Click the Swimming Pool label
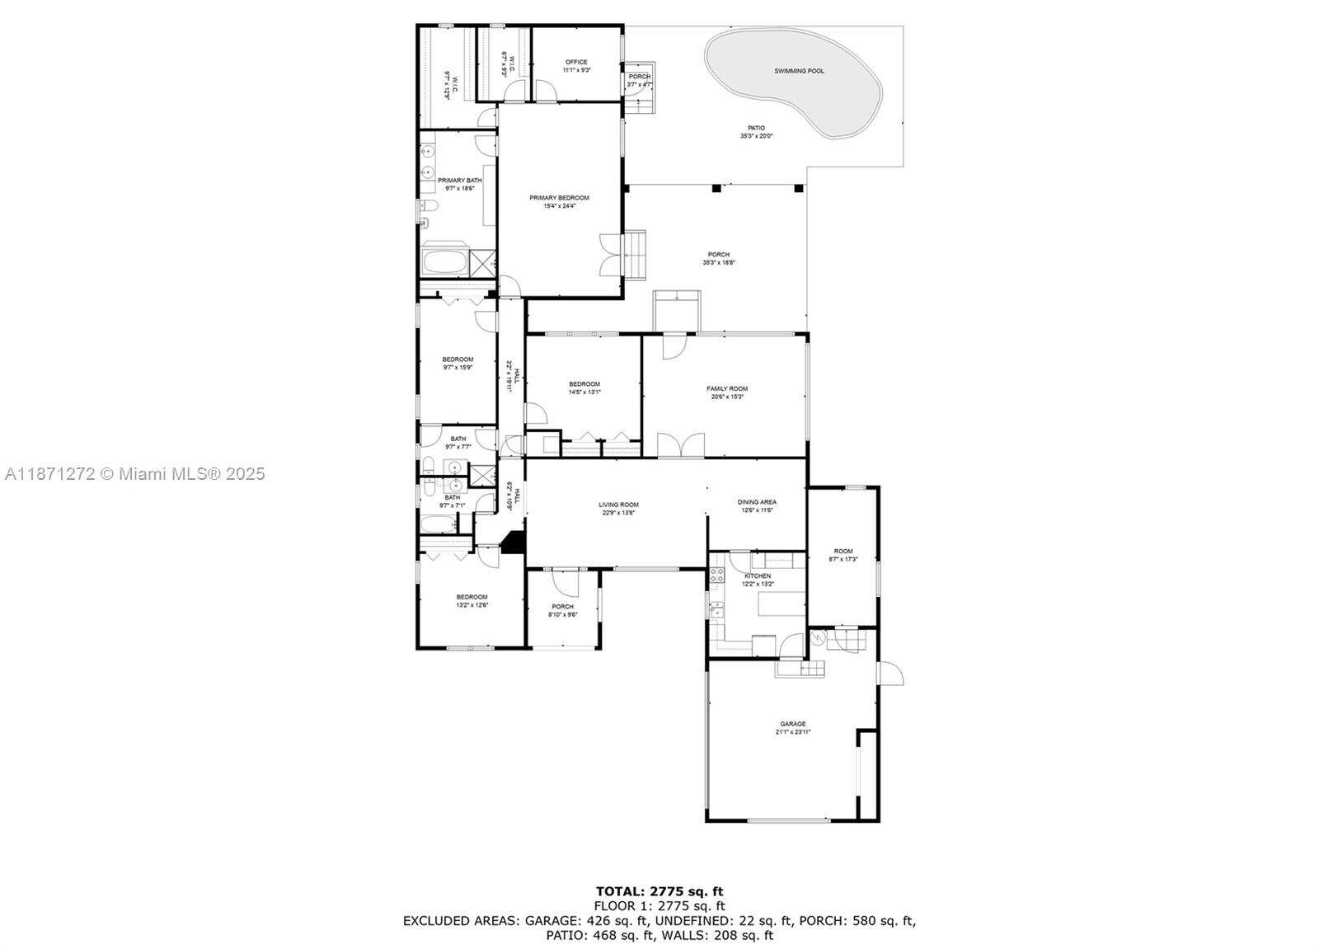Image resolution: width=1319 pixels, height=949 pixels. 798,71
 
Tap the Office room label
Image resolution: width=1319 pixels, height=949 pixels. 576,62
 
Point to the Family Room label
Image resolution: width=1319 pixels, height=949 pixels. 726,388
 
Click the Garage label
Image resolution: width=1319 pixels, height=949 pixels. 792,724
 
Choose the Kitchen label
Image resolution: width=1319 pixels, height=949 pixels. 758,576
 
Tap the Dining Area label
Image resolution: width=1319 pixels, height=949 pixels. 756,502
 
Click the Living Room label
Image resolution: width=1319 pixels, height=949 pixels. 618,505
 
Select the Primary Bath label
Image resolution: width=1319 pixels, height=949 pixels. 459,181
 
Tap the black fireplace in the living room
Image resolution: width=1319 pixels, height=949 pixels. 513,543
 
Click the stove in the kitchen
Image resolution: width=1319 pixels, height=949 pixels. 716,575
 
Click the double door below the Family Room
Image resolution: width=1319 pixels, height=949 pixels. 680,445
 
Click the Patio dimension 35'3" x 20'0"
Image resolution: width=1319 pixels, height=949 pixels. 756,136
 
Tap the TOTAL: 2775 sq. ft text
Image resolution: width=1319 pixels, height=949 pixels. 659,890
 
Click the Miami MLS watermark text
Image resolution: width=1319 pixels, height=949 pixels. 135,474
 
